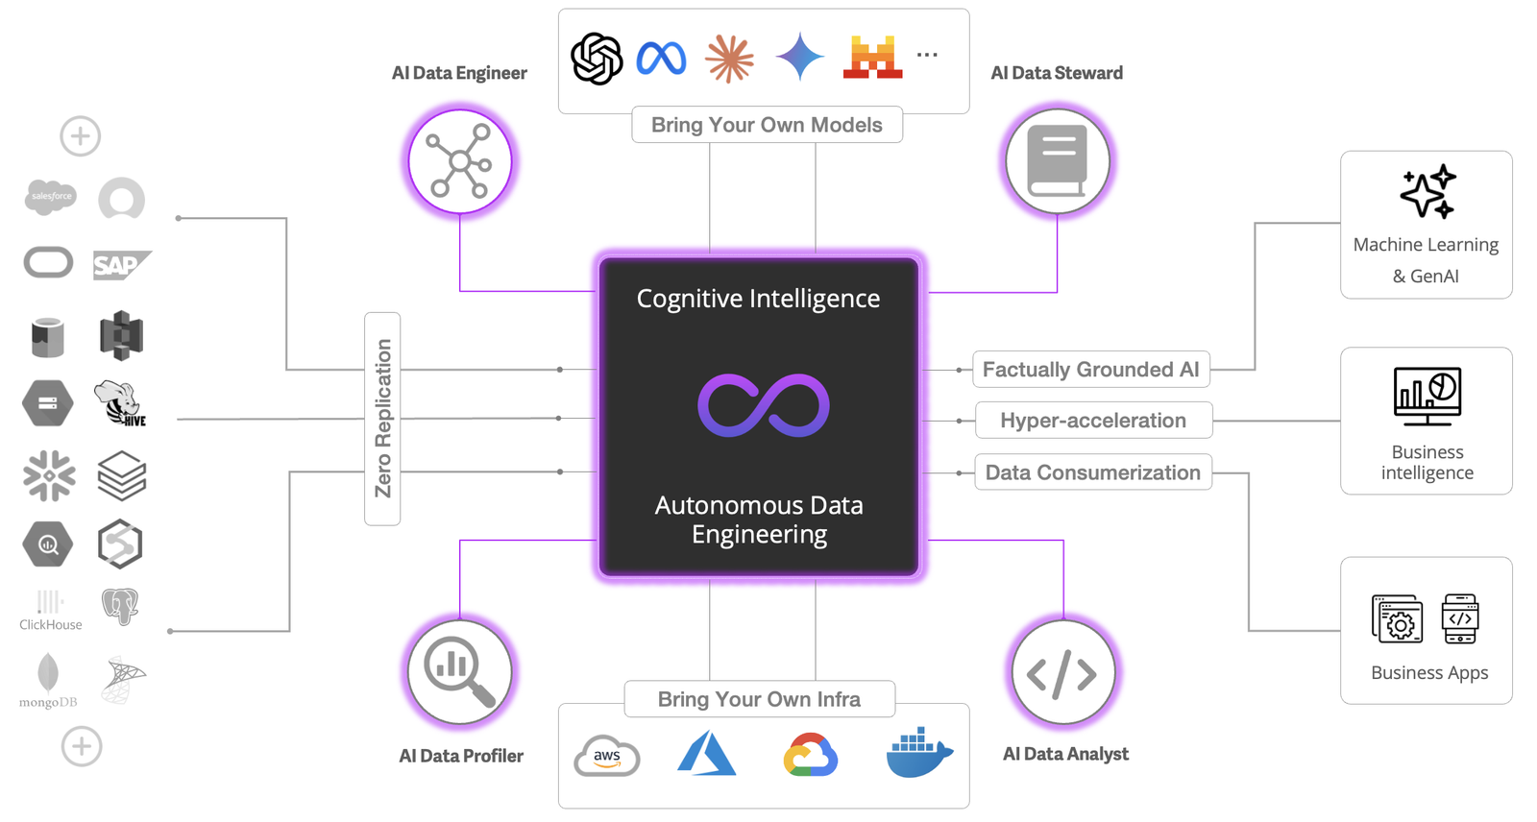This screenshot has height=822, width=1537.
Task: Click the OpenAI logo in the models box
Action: point(597,59)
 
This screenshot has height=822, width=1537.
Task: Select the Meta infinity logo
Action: point(661,59)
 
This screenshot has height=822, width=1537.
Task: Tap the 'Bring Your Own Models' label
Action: point(767,125)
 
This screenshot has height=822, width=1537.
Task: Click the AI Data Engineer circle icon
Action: point(460,162)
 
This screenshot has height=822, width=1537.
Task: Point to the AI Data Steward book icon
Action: point(1057,161)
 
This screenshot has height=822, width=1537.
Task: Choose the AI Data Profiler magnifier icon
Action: point(460,671)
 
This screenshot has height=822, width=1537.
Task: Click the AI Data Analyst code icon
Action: point(1062,673)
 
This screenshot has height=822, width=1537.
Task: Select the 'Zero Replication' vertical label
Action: point(382,419)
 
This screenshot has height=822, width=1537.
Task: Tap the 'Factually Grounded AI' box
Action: point(1090,370)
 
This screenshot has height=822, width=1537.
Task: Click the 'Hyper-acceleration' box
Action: point(1093,421)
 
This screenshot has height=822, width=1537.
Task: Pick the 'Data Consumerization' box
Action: point(1093,472)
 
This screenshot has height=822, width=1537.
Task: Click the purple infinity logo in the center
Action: point(763,405)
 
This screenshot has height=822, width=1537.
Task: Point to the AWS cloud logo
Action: point(607,757)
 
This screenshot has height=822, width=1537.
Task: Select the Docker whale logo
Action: point(918,753)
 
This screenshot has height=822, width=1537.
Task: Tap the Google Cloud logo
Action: point(811,755)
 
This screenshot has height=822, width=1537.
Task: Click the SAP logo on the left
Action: point(121,265)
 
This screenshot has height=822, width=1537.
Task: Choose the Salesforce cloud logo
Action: point(50,197)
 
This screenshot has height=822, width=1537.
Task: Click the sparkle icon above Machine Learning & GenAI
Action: point(1427,191)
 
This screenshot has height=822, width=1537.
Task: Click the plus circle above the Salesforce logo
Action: point(81,136)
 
